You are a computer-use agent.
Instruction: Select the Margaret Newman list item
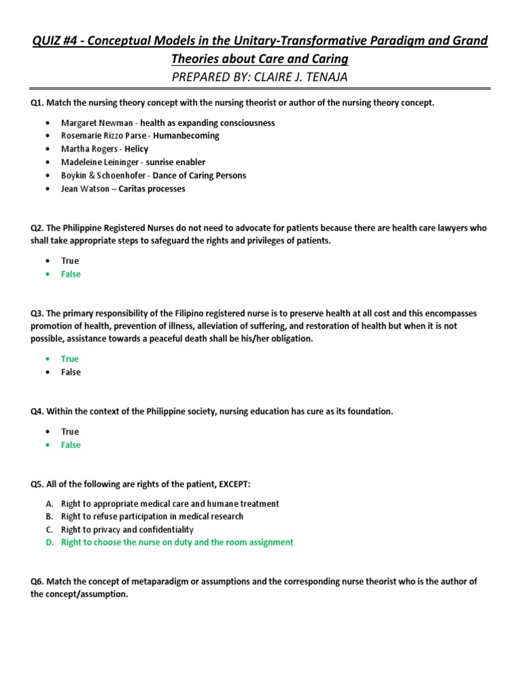tap(167, 122)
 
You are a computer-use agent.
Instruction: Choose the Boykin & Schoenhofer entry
tap(153, 175)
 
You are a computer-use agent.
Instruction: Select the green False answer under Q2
tap(70, 274)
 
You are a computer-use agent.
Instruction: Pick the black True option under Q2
tap(70, 261)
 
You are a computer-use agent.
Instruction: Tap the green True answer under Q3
tap(70, 359)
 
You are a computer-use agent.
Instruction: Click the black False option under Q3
tap(70, 372)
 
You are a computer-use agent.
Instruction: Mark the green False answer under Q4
tap(70, 445)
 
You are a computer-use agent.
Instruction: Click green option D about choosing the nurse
tap(177, 542)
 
